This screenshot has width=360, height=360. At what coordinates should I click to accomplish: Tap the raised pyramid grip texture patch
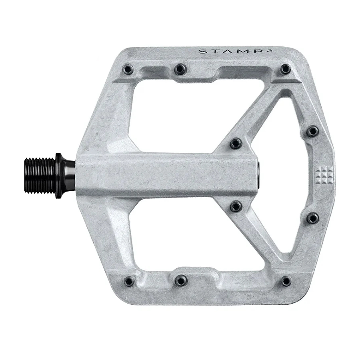tap(322, 174)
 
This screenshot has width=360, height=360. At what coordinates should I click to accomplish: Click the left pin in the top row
tap(128, 70)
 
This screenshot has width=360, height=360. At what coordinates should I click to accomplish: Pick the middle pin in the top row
tap(180, 69)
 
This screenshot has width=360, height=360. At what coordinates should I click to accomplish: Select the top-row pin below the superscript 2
tap(285, 69)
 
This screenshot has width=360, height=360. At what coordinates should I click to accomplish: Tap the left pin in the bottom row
tap(129, 281)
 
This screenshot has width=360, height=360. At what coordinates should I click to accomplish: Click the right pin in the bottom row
tap(286, 281)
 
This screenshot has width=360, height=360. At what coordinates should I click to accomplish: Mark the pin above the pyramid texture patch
tap(312, 131)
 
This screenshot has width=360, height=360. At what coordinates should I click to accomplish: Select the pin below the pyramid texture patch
tap(312, 218)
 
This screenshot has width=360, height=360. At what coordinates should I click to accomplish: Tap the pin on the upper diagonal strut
tap(236, 144)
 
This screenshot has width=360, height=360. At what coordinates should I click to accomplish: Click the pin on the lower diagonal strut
tap(236, 206)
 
